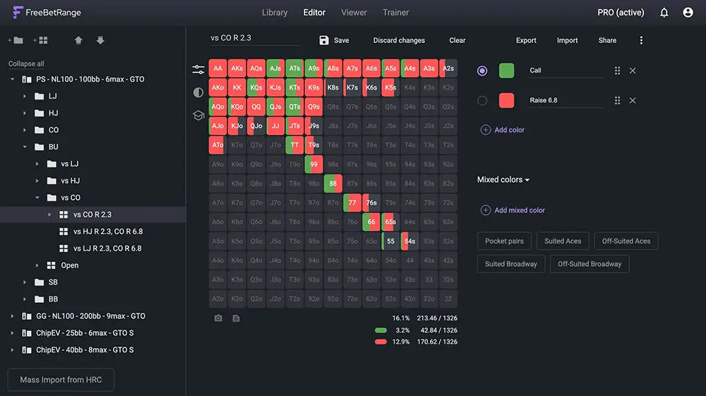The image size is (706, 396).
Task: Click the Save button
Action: tap(334, 40)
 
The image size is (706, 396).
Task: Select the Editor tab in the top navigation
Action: tap(314, 12)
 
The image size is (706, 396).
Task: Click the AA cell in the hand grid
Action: tap(217, 68)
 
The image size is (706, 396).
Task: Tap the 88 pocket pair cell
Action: tap(333, 184)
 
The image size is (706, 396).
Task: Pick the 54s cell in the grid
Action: tap(409, 241)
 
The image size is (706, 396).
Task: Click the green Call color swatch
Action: tap(506, 71)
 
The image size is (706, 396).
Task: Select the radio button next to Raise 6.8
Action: tap(482, 100)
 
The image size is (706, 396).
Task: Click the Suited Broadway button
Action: tap(511, 264)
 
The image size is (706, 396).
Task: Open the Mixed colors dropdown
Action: tap(503, 179)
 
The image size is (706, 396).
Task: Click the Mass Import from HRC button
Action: tap(61, 380)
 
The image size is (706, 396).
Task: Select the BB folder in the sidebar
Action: tap(53, 299)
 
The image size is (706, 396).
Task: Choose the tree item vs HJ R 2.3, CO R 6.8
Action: tap(108, 232)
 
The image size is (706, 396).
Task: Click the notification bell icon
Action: tap(664, 13)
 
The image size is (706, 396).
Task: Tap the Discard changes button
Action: tap(399, 40)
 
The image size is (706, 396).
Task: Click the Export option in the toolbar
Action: tap(526, 40)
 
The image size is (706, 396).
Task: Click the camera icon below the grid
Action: tap(218, 318)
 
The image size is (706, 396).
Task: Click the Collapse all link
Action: tap(26, 64)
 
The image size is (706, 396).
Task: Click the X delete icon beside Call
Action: tap(633, 71)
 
